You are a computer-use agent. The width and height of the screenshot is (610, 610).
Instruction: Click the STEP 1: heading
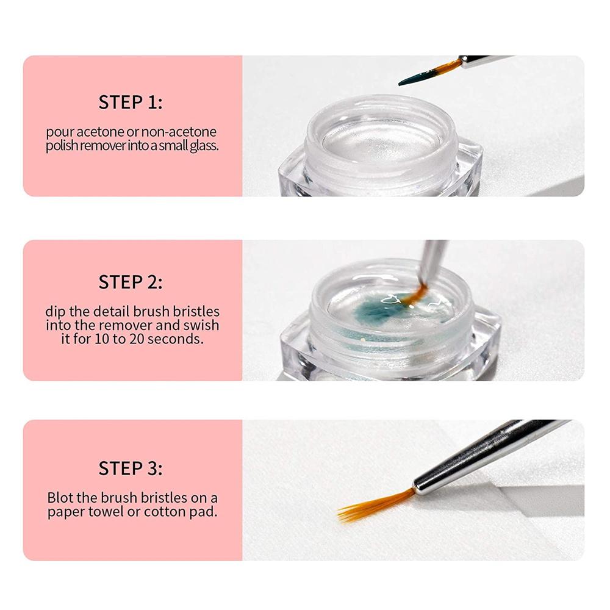(131, 102)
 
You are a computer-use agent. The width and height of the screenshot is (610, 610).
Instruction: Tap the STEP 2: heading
(131, 282)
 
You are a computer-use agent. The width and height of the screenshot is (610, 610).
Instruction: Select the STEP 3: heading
(131, 468)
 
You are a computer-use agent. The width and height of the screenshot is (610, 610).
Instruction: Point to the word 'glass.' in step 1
(204, 146)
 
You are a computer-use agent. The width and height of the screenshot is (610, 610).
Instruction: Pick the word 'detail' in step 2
(112, 311)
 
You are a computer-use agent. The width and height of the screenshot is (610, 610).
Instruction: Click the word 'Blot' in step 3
(60, 498)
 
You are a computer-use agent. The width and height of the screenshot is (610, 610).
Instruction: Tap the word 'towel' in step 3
(106, 512)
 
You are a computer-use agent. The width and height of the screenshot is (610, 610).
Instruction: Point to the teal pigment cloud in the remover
(373, 311)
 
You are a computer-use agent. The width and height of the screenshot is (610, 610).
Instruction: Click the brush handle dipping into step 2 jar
(432, 262)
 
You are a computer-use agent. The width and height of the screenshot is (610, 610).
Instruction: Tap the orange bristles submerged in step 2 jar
(415, 295)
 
